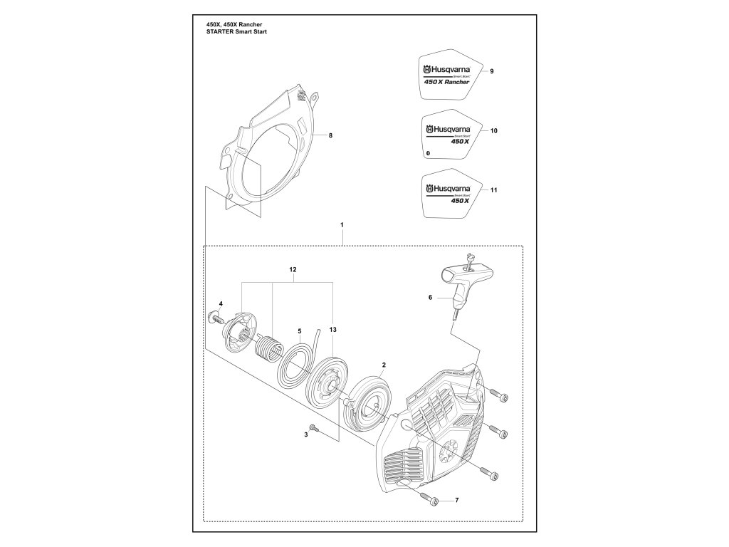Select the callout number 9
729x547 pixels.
coord(491,72)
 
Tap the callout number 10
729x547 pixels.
coord(493,131)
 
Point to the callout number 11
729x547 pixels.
coord(493,190)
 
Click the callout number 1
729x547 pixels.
coord(342,225)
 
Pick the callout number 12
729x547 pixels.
coord(293,270)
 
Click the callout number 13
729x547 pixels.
coord(333,330)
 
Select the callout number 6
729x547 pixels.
coord(430,298)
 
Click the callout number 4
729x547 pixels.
coord(221,304)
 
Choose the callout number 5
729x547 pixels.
coord(300,331)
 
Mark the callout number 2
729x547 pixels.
coord(383,365)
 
